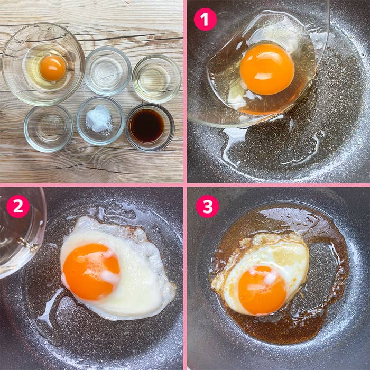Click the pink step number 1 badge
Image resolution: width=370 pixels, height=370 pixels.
205,20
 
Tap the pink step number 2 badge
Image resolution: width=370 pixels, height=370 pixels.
18,206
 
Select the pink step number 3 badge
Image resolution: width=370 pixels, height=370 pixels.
207,206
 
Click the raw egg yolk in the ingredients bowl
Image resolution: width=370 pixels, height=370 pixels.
52,68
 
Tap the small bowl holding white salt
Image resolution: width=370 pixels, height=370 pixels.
100,121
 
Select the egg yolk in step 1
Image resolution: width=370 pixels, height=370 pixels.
267,69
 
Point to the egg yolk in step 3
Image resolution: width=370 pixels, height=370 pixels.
262,290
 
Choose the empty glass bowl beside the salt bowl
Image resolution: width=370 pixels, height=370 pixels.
48,128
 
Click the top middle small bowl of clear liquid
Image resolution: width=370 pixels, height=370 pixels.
108,71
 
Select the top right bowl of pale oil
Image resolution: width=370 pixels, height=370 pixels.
156,78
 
